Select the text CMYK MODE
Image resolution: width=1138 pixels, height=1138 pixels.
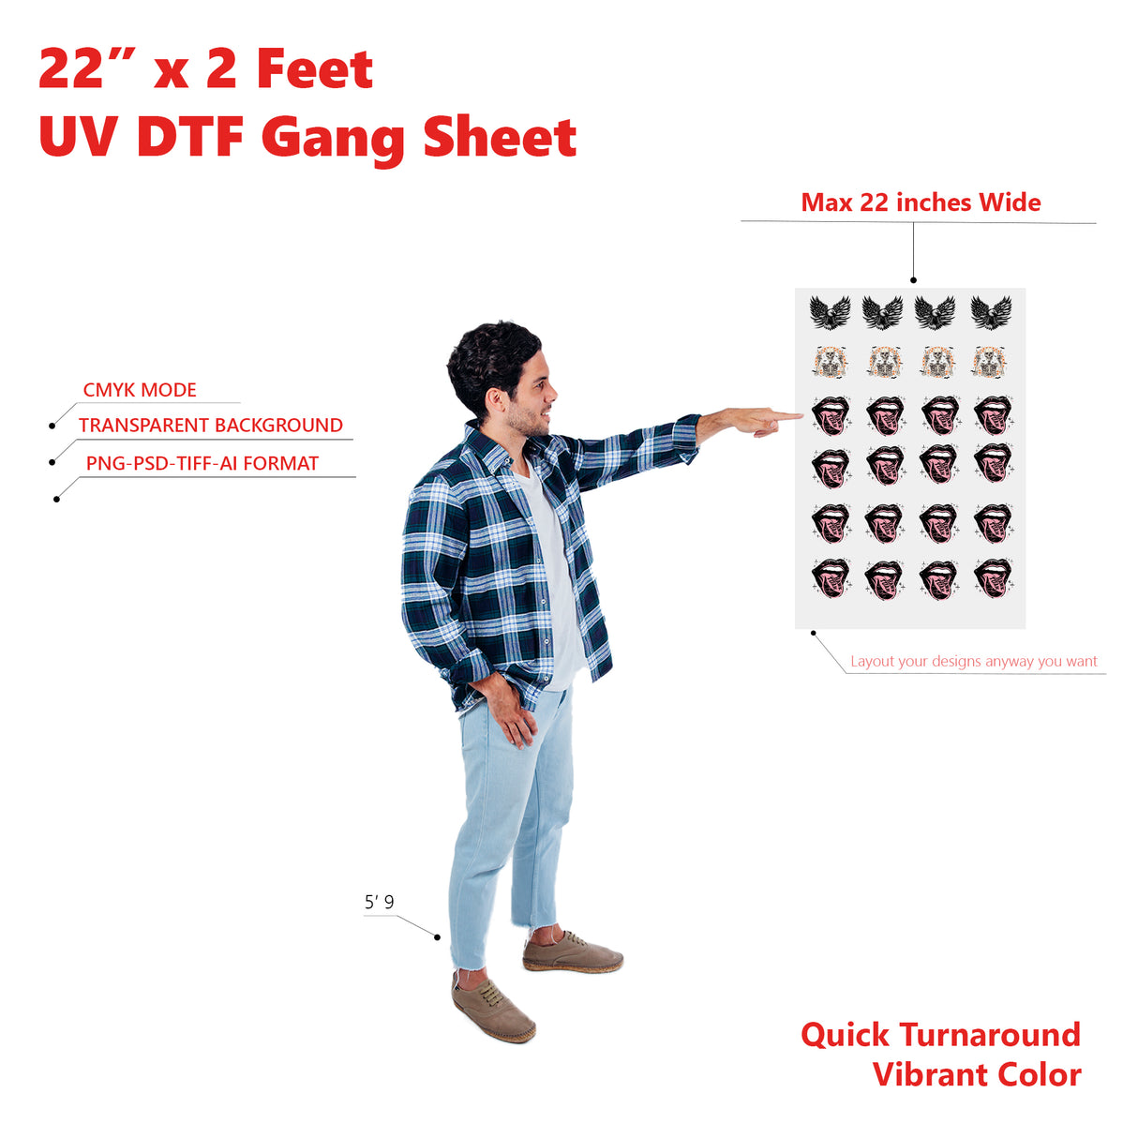point(140,390)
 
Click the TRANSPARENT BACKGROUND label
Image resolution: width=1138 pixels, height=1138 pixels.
point(211,426)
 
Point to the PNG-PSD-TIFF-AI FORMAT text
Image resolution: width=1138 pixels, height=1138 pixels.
point(202,464)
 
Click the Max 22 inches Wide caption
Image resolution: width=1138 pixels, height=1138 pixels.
point(921,202)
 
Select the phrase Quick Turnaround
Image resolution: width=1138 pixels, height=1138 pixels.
point(940,1051)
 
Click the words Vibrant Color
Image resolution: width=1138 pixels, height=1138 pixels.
point(976,1091)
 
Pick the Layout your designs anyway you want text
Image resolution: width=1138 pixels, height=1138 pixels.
point(973,661)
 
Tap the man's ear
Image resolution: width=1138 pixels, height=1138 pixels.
point(495,400)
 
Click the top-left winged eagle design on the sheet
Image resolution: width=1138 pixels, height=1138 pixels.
point(830,312)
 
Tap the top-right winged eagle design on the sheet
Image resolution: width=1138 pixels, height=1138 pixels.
point(991,312)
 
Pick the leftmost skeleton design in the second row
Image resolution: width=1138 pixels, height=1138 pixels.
point(830,362)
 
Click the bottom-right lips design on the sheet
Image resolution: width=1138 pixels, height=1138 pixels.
point(993,578)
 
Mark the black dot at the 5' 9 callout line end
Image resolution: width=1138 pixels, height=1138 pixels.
point(437,937)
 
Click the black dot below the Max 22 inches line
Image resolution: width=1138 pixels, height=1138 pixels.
point(913,280)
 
